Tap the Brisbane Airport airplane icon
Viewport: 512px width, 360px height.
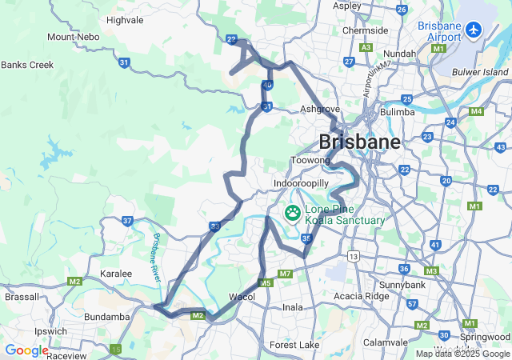pos(474,30)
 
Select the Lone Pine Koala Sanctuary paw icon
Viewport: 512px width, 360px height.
pos(293,213)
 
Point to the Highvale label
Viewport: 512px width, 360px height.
pos(126,20)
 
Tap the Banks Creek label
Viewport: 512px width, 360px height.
pos(27,65)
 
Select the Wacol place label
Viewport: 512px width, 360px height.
pos(242,297)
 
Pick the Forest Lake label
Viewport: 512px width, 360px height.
pos(294,345)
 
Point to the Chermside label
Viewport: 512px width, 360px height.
pos(365,30)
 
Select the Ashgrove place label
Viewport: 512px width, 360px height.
pos(320,109)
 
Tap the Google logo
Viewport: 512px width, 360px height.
pos(26,350)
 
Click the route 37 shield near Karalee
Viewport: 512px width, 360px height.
pos(127,221)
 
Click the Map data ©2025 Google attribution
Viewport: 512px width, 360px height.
pos(462,354)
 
